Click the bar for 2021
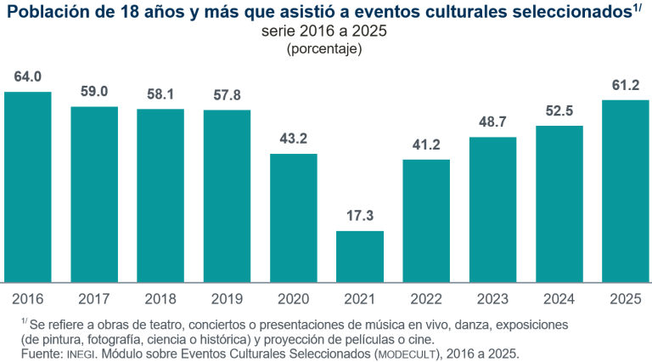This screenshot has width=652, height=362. tap(359, 257)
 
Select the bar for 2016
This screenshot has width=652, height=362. tap(28, 187)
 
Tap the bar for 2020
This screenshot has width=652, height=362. tap(293, 218)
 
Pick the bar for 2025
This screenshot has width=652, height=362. tap(625, 191)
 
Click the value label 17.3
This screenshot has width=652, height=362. tap(359, 216)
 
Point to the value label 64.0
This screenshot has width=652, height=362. tap(28, 76)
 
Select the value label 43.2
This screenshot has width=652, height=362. tap(293, 139)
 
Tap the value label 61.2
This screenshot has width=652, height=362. tap(625, 85)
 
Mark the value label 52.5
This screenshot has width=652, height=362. tap(559, 110)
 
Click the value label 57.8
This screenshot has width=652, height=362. tap(227, 94)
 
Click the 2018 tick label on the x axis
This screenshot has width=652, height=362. tap(160, 298)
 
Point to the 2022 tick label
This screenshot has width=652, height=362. tap(426, 298)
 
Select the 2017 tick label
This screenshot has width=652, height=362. tap(94, 298)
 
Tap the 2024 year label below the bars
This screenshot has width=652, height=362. tap(559, 298)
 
